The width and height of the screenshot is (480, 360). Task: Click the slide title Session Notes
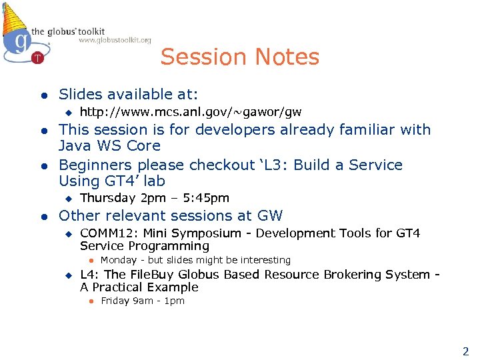pos(239,57)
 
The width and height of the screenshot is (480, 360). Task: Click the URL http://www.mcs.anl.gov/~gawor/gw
pos(191,111)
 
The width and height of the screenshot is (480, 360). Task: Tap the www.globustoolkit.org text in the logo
pos(115,40)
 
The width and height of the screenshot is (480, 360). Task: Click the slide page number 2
pos(465,351)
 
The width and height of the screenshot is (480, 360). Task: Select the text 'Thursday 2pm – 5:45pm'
pos(154,198)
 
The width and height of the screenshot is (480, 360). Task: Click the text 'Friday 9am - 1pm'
pos(142,301)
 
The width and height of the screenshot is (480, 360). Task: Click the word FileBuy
pos(153,275)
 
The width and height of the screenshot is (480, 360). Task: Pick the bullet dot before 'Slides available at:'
pos(42,95)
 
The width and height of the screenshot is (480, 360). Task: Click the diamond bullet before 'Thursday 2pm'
pos(67,198)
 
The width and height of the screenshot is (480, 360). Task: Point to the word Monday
pos(118,260)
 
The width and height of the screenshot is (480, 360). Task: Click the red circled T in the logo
pos(38,57)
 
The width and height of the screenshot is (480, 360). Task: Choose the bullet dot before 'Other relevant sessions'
pos(42,216)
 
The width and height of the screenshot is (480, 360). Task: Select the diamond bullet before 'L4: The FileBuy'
pos(67,275)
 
